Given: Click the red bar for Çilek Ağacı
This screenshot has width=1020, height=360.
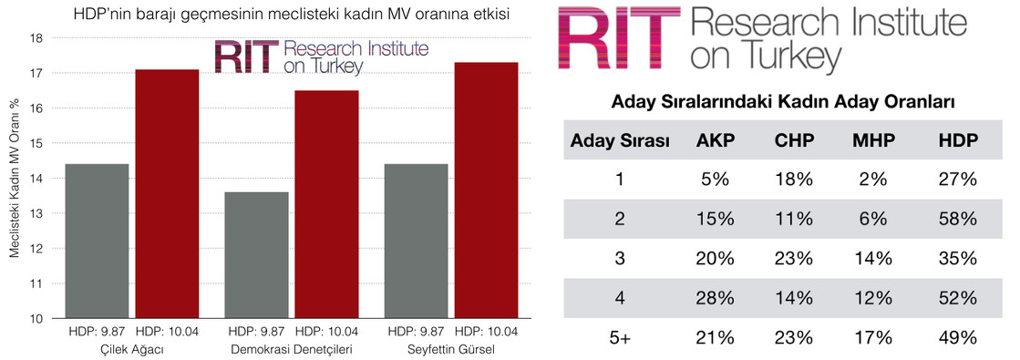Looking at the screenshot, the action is pos(167,194).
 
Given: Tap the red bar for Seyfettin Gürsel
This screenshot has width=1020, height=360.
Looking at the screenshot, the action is pos(486,190).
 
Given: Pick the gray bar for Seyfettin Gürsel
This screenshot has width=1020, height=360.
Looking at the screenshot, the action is pos(417,242).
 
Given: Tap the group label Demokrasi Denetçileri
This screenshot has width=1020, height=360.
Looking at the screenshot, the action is pos(292,350).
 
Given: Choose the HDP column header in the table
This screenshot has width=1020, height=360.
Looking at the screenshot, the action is pos(957,139).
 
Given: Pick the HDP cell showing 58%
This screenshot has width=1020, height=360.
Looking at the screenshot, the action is pos(957,219).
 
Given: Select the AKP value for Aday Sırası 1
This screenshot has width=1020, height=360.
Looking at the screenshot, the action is pos(715,179).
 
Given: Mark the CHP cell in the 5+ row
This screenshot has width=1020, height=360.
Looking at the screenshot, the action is pos(794,337).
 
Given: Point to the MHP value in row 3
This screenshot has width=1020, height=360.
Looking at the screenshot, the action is pos(873,259).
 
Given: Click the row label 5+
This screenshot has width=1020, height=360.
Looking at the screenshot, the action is pos(619,337).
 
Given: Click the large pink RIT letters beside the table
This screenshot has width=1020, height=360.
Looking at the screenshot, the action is pos(619,37).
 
